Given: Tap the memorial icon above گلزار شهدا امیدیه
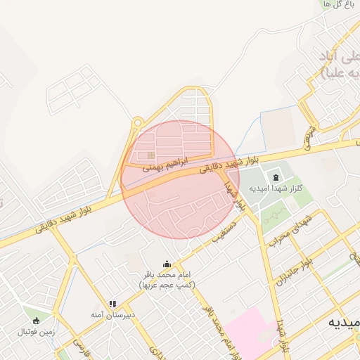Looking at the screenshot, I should (x=275, y=176).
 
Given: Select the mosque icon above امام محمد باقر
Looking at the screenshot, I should (x=167, y=264).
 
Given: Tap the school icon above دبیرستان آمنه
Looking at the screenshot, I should (x=112, y=304).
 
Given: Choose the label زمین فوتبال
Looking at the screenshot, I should (x=37, y=330).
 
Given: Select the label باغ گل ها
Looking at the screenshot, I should (x=335, y=4).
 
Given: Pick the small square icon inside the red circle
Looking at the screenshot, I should (x=150, y=155).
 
